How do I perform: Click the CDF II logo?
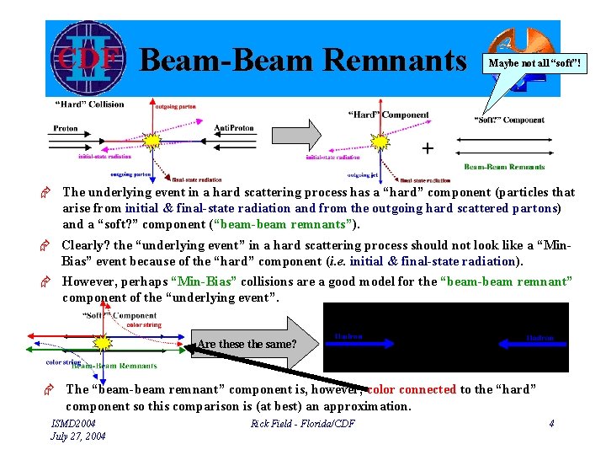[86, 58]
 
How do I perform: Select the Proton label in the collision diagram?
[66, 129]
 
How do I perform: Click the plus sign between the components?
[428, 149]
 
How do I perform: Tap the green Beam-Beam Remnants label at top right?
[504, 167]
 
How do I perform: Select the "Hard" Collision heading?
[89, 104]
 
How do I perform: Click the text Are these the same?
[246, 344]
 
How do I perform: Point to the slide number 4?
[550, 423]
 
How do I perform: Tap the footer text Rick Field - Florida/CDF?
[302, 423]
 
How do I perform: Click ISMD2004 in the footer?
[73, 423]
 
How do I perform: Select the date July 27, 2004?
[77, 436]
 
